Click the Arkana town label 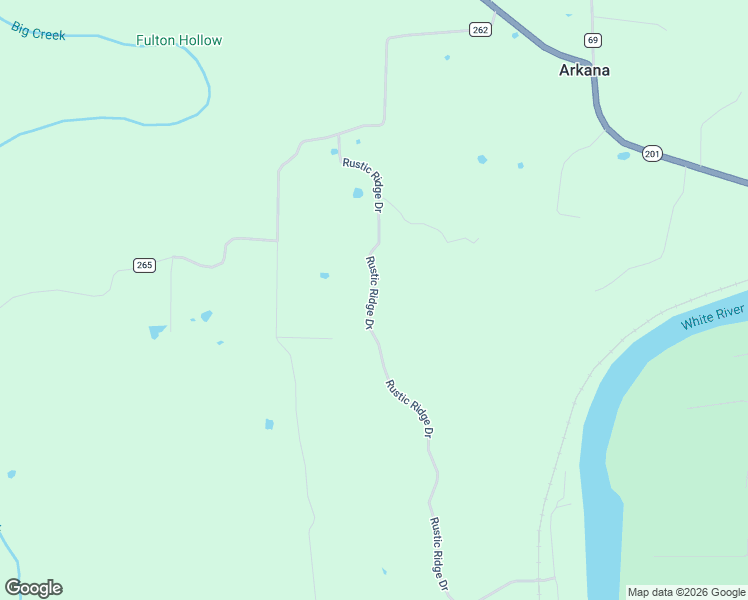click(584, 71)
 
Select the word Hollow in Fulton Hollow click(201, 41)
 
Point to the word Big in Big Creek click(21, 28)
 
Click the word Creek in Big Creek click(49, 35)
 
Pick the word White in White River click(697, 322)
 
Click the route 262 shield click(480, 30)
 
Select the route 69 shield click(593, 40)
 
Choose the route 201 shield click(652, 154)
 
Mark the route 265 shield click(144, 265)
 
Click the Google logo click(33, 588)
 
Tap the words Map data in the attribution click(649, 592)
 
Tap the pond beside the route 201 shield click(624, 156)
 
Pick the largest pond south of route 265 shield click(157, 331)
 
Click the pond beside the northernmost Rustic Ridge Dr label click(357, 193)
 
